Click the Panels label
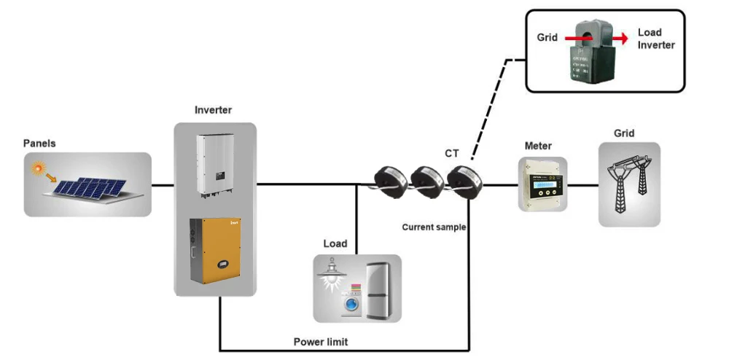coord(39,144)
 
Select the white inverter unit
coord(214,167)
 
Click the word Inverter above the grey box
coord(213,110)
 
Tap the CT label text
coord(452,153)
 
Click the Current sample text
coord(434,227)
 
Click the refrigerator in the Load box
coord(381,289)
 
